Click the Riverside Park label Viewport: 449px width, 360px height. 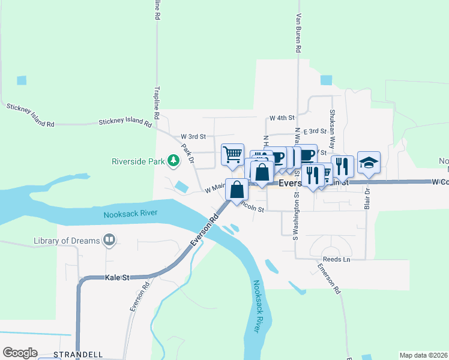[x=139, y=161]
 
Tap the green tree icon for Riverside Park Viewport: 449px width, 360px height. [x=173, y=160]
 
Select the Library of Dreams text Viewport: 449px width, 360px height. [x=66, y=241]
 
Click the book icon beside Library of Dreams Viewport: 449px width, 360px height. [x=109, y=241]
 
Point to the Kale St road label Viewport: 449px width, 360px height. [x=117, y=278]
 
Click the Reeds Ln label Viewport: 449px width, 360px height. [x=336, y=259]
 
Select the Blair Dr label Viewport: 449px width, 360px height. [x=367, y=195]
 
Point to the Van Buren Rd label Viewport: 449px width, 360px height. [x=298, y=33]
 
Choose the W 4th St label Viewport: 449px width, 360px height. [x=282, y=118]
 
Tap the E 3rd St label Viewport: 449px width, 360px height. [x=314, y=131]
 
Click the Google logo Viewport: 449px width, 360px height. [x=20, y=353]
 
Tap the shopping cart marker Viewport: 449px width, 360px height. [x=232, y=154]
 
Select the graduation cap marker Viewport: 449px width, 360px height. [x=369, y=162]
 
